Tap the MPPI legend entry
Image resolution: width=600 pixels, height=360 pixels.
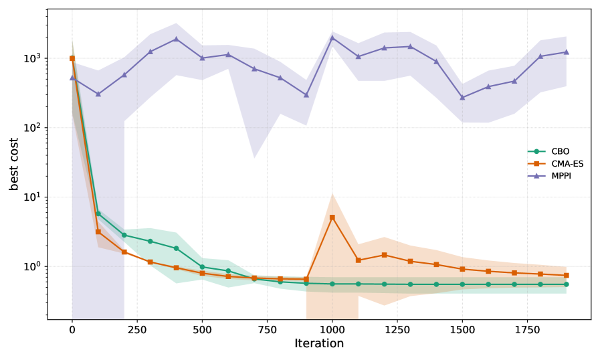click(x=561, y=175)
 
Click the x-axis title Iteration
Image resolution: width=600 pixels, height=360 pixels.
click(x=319, y=344)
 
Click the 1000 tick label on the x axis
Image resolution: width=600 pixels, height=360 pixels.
click(x=332, y=329)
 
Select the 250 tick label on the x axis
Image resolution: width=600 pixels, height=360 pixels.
click(x=137, y=329)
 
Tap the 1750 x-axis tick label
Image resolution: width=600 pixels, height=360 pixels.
click(x=527, y=329)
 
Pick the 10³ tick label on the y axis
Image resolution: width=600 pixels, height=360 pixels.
click(x=32, y=58)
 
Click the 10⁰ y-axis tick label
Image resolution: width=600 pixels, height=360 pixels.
click(x=32, y=266)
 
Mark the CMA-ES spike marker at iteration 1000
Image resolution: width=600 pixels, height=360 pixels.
click(x=332, y=217)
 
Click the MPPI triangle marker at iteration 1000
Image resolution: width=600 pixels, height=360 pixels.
click(x=332, y=37)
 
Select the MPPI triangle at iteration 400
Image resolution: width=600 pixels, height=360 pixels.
click(x=176, y=39)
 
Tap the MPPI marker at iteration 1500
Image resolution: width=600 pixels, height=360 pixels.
click(x=462, y=97)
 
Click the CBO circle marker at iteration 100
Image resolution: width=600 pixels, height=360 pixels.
click(x=98, y=214)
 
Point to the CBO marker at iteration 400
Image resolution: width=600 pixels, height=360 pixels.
click(x=176, y=248)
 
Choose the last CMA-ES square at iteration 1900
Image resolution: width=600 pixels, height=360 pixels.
click(x=566, y=275)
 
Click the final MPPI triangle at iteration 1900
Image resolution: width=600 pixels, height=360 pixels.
click(x=566, y=52)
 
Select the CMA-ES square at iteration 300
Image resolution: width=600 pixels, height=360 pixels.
click(x=150, y=262)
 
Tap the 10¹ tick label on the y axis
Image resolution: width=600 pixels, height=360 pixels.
click(x=32, y=197)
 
